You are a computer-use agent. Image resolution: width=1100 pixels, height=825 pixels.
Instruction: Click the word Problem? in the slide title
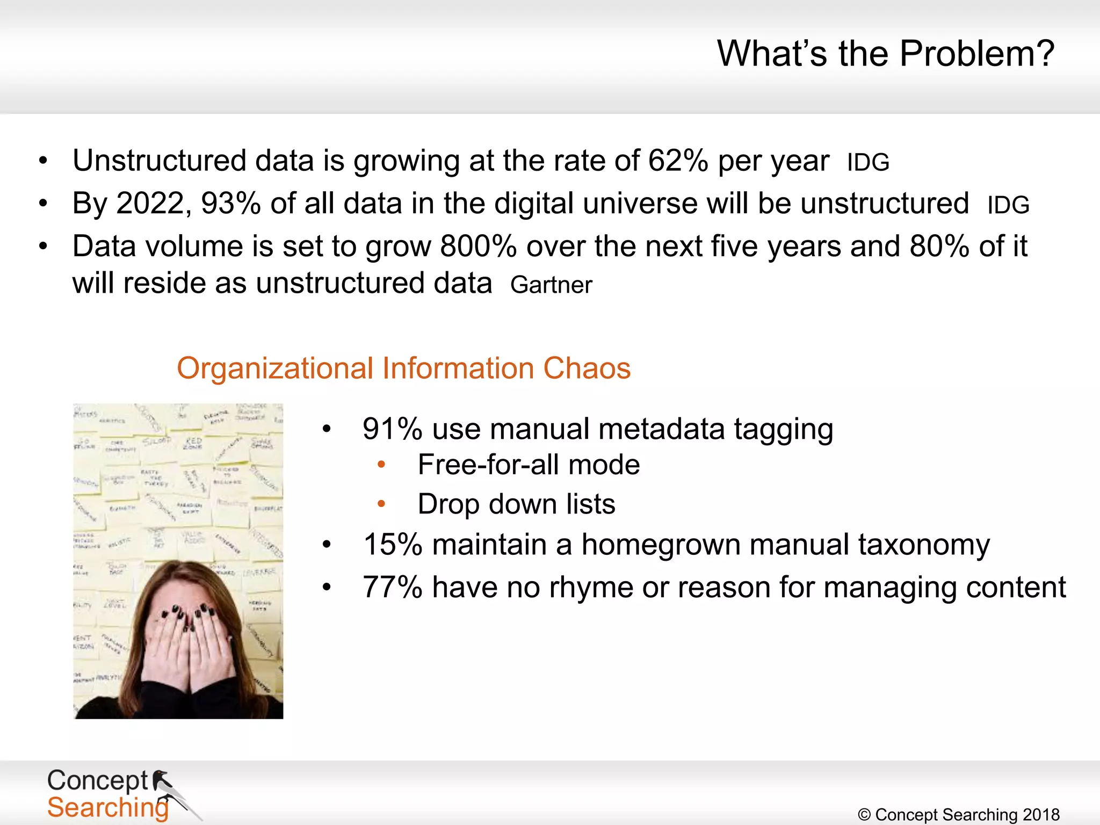976,54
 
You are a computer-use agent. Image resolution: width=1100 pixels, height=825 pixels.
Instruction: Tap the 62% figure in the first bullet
678,161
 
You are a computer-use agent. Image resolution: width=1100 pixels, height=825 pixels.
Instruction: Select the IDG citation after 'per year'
868,162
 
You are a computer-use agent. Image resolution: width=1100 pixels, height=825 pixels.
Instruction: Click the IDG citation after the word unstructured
1008,205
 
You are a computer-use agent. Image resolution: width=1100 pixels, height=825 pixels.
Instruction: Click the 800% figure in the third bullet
478,247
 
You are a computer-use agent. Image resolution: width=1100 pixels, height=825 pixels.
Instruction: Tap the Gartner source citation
551,285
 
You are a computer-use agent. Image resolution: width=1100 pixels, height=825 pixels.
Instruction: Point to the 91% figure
392,429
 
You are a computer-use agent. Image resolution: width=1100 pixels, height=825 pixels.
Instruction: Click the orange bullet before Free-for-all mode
381,465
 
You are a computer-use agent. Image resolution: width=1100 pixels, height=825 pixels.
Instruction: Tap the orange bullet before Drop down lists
381,504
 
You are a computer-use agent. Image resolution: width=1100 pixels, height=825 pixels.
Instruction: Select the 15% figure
393,545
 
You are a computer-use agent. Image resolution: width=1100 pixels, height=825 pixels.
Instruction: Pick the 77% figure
392,587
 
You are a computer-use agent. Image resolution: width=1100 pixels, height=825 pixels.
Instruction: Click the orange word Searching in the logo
107,808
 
